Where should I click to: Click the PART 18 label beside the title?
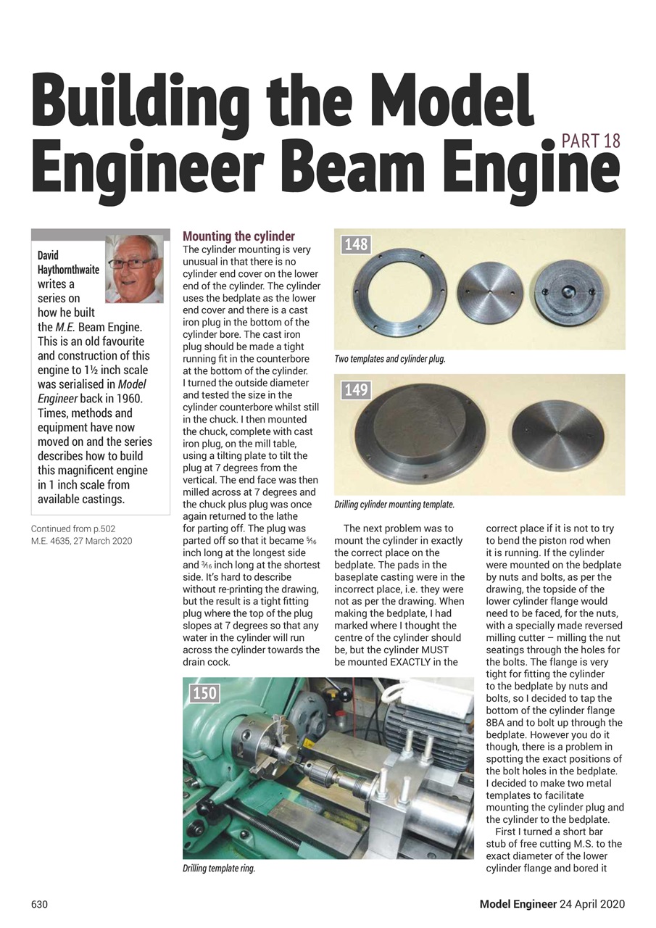pos(591,140)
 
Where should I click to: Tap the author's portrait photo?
pos(134,268)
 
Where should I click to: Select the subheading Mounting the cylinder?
pos(238,236)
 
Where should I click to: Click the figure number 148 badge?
pos(356,244)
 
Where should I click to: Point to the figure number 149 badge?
pos(356,390)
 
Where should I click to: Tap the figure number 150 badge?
pos(204,693)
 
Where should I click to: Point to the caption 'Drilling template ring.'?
pos(219,868)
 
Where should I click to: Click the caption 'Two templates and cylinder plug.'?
pos(389,359)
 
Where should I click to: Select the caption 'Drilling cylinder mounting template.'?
pos(394,504)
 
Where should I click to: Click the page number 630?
pos(39,904)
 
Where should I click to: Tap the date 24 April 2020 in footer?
pos(592,904)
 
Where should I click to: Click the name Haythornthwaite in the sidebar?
pos(68,269)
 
